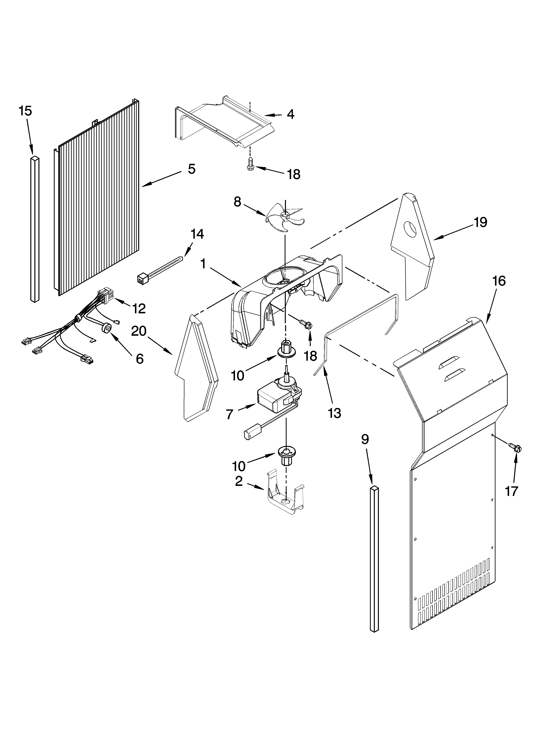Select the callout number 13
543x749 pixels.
pyautogui.click(x=335, y=413)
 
